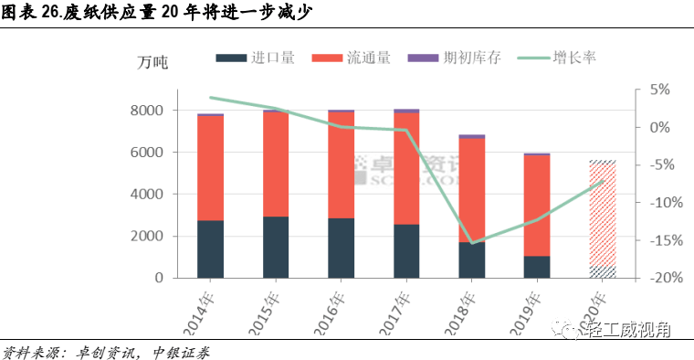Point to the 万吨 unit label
pos(152,62)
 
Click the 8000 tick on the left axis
pos(146,111)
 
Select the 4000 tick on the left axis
pos(146,195)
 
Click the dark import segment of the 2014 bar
pos(210,249)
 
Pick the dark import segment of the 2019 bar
pos(537,267)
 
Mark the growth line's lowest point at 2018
pos(472,243)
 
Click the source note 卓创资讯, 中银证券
pos(105,351)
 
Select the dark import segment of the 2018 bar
pos(472,260)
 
